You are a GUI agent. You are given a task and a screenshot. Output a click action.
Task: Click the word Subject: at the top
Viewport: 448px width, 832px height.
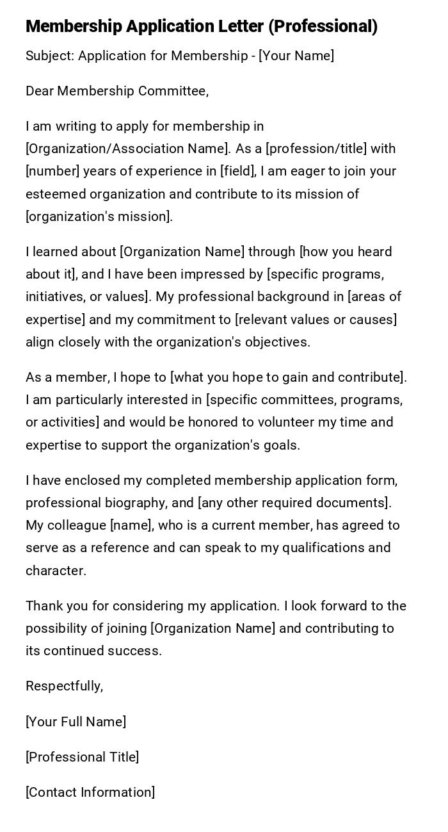[50, 56]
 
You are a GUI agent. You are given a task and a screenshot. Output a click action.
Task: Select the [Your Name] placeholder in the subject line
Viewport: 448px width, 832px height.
[296, 56]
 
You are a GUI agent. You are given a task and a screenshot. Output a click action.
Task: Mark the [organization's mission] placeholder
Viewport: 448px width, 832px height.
[99, 216]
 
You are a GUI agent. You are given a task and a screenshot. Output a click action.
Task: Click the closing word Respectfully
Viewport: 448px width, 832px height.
[64, 686]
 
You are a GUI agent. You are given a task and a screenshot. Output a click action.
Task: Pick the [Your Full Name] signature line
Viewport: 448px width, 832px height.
[76, 722]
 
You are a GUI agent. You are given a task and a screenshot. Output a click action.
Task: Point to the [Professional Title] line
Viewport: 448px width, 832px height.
[82, 757]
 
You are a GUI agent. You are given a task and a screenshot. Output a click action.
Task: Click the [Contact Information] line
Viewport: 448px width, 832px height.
[90, 792]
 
